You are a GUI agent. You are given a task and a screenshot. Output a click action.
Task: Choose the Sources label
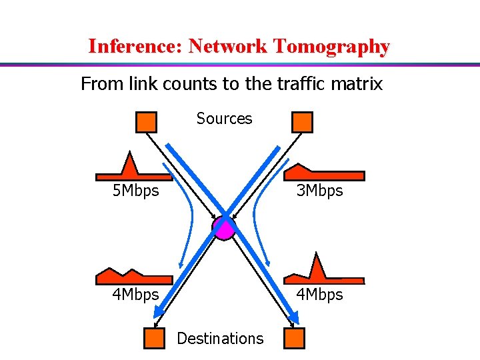pyautogui.click(x=224, y=119)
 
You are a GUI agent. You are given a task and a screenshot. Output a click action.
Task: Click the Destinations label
pyautogui.click(x=220, y=339)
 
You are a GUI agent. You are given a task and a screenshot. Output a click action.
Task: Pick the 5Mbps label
pyautogui.click(x=135, y=191)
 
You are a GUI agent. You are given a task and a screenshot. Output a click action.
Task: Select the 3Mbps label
pyautogui.click(x=319, y=191)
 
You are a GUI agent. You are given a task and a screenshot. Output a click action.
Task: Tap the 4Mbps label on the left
pyautogui.click(x=135, y=294)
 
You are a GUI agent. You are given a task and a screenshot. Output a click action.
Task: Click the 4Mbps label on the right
pyautogui.click(x=319, y=294)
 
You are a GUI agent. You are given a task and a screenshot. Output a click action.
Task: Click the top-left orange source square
pyautogui.click(x=146, y=122)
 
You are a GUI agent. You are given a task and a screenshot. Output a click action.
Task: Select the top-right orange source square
pyautogui.click(x=302, y=122)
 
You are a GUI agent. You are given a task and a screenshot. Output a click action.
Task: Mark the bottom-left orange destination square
pyautogui.click(x=155, y=339)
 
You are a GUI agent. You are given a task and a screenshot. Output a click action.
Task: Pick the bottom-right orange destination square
pyautogui.click(x=294, y=339)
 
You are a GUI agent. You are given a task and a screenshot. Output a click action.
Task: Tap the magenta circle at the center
pyautogui.click(x=224, y=229)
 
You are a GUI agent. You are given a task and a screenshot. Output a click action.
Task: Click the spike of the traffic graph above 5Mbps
pyautogui.click(x=129, y=163)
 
